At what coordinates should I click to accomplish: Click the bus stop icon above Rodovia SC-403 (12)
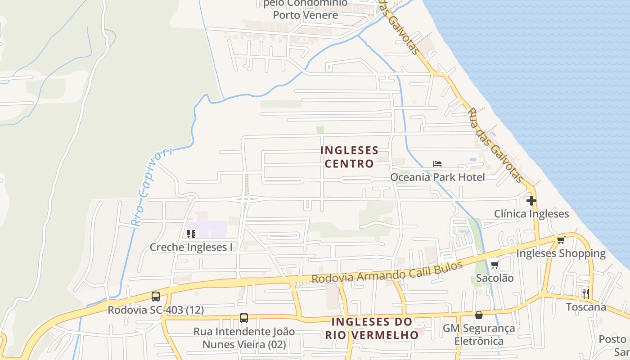pos(156,297)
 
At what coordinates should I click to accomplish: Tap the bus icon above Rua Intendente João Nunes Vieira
pos(244,318)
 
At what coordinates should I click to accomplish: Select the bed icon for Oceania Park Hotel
pos(437,164)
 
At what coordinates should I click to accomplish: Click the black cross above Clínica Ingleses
pos(531,200)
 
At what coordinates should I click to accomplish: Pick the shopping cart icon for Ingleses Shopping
pos(561,240)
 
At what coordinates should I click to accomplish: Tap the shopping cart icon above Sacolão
pos(495,265)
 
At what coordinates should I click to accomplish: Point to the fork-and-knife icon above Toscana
pos(585,293)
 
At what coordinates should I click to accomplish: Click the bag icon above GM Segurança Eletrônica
pos(479,315)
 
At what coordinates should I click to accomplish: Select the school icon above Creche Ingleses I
pos(191,234)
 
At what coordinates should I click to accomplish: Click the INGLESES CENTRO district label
pos(349,157)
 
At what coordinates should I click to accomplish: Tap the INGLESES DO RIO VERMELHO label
pos(372,328)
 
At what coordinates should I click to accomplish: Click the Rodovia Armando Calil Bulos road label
pos(387,273)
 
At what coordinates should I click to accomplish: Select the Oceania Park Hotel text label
pos(437,177)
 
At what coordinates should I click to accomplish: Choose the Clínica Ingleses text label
pos(531,214)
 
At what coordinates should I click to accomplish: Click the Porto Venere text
pos(306,15)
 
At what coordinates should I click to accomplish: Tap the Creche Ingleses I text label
pos(191,247)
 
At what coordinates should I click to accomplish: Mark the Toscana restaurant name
pos(586,307)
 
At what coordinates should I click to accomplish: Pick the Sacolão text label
pos(495,278)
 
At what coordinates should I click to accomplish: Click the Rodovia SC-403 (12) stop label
pos(156,310)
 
